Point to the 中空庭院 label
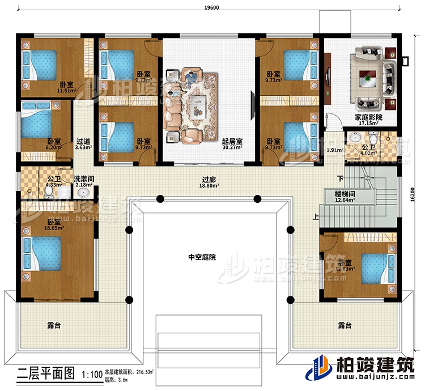202,257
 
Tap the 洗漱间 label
84,178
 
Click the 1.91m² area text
334,150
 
